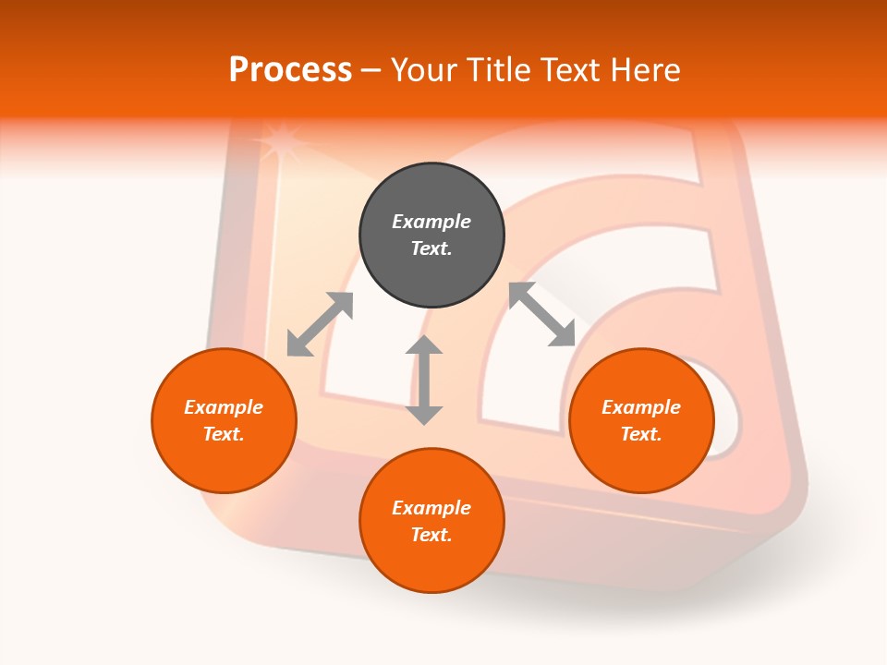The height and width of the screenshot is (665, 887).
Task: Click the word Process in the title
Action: (x=290, y=70)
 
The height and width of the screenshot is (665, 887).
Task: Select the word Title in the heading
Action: (x=500, y=70)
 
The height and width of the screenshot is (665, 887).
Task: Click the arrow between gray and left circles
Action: (x=320, y=324)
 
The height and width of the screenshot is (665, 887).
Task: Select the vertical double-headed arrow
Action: (x=424, y=381)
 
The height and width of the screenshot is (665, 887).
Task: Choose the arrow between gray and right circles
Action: (x=542, y=314)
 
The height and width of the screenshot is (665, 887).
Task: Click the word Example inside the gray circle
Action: (x=431, y=222)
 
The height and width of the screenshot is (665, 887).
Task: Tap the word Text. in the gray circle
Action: (x=431, y=248)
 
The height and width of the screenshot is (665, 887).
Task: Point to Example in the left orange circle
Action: (x=224, y=407)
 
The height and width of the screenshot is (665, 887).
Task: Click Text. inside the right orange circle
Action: (x=641, y=434)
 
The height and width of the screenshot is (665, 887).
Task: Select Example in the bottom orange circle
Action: (x=431, y=508)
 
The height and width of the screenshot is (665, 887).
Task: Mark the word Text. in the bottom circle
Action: (x=431, y=535)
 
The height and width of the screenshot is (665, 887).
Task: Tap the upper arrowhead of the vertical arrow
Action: (x=424, y=345)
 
